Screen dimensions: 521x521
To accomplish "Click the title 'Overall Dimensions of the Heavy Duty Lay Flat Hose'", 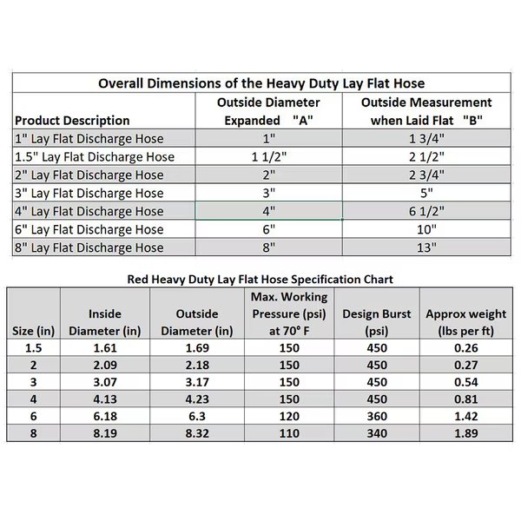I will (261, 83).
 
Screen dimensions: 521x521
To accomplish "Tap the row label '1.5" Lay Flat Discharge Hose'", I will (96, 157).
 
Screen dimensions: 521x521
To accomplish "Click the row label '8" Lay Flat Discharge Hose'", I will (89, 247).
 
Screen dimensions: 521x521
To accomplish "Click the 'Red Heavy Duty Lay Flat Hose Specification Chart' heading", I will (260, 280).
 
